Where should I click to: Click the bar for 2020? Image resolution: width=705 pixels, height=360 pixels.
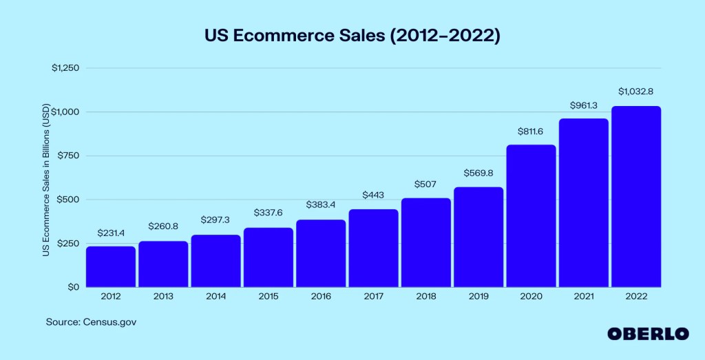(x=531, y=215)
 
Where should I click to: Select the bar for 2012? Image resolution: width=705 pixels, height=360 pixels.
(x=111, y=266)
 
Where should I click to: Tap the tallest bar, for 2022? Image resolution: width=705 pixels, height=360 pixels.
(x=635, y=196)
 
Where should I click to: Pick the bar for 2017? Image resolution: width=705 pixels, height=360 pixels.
(x=373, y=248)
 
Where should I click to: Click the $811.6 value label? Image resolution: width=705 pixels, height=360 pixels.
(x=531, y=131)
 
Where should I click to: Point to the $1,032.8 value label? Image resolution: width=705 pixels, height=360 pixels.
(x=635, y=91)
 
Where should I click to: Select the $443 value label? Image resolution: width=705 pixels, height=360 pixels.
(x=373, y=195)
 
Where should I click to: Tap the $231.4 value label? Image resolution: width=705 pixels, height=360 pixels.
(x=111, y=233)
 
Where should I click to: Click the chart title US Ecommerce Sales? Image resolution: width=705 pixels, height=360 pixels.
(x=352, y=36)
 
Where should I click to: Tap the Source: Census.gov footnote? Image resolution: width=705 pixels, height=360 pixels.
(x=87, y=321)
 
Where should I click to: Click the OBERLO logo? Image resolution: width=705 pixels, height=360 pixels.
(x=647, y=333)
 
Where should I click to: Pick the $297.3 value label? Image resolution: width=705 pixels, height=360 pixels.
(x=215, y=220)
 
